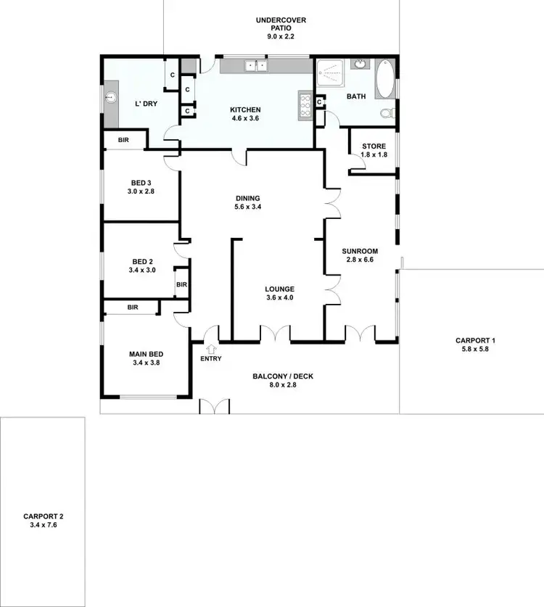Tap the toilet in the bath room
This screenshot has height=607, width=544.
(388, 112)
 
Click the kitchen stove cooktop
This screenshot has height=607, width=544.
(304, 107)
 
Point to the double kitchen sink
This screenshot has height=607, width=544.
(255, 66)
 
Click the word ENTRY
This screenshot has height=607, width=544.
(211, 358)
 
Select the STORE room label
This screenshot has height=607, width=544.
(374, 146)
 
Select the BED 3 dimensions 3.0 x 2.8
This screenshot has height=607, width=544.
(141, 191)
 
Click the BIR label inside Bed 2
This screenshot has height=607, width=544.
(181, 285)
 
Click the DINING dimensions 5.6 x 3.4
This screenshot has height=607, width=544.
(247, 207)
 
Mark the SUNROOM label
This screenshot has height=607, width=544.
(360, 251)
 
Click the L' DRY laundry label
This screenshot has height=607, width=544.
(147, 104)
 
